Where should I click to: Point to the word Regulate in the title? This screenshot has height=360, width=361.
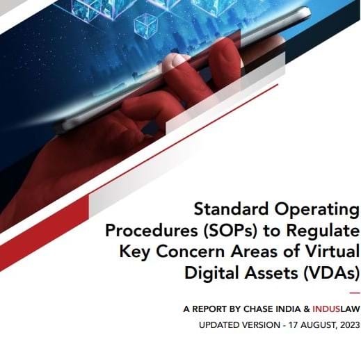(x=321, y=230)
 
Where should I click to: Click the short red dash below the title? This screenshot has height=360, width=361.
(x=354, y=294)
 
